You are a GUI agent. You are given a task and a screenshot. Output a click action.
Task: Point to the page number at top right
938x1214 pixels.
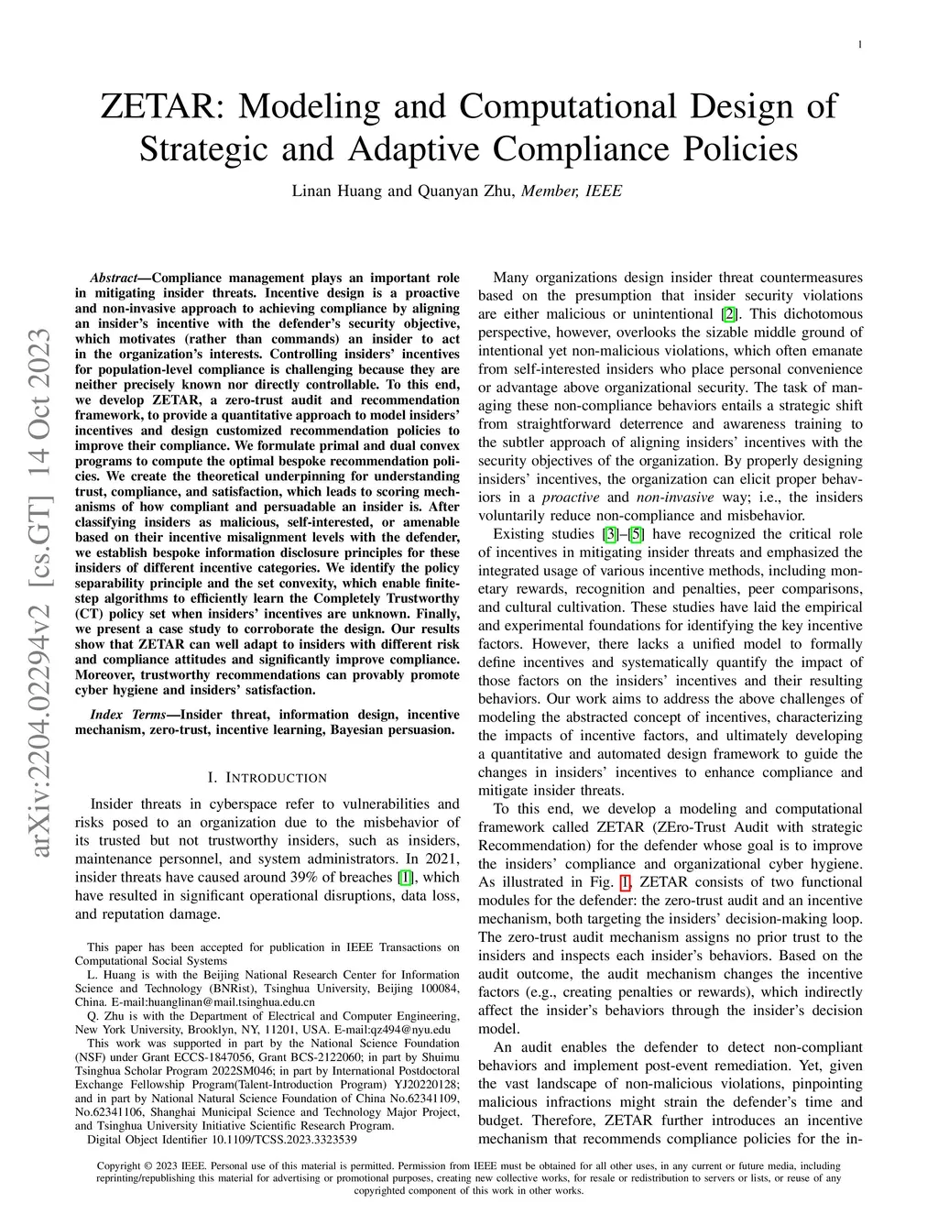click(x=859, y=44)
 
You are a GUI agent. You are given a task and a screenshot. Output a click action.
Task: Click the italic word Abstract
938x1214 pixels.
click(x=119, y=278)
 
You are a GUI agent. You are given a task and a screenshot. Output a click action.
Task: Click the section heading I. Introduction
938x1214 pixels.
click(x=267, y=778)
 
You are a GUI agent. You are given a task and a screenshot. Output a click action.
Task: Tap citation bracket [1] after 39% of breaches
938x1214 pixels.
click(x=405, y=877)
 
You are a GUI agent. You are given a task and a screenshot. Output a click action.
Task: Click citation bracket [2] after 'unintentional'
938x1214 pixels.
click(x=729, y=314)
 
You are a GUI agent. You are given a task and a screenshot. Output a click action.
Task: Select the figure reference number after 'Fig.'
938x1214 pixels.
click(x=626, y=882)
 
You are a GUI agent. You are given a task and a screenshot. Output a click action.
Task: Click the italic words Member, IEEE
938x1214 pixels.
click(x=572, y=191)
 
